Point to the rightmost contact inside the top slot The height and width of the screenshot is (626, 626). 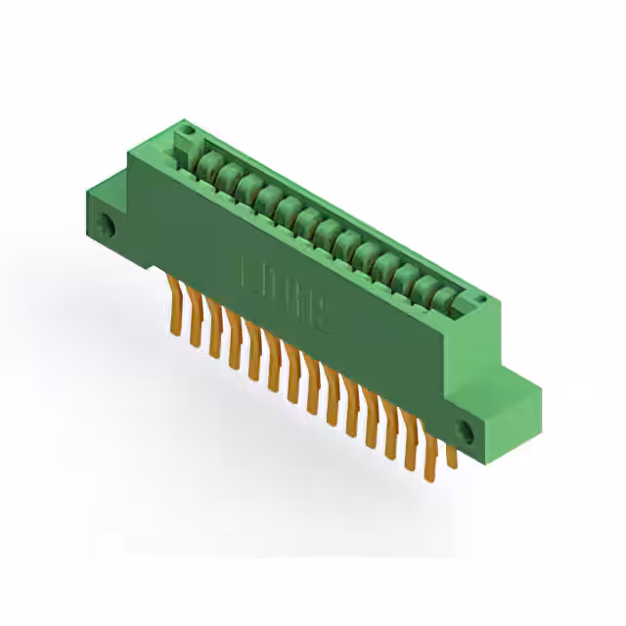pos(445,295)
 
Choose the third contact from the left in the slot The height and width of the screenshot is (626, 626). pos(245,187)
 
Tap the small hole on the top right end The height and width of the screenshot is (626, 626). pos(481,299)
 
